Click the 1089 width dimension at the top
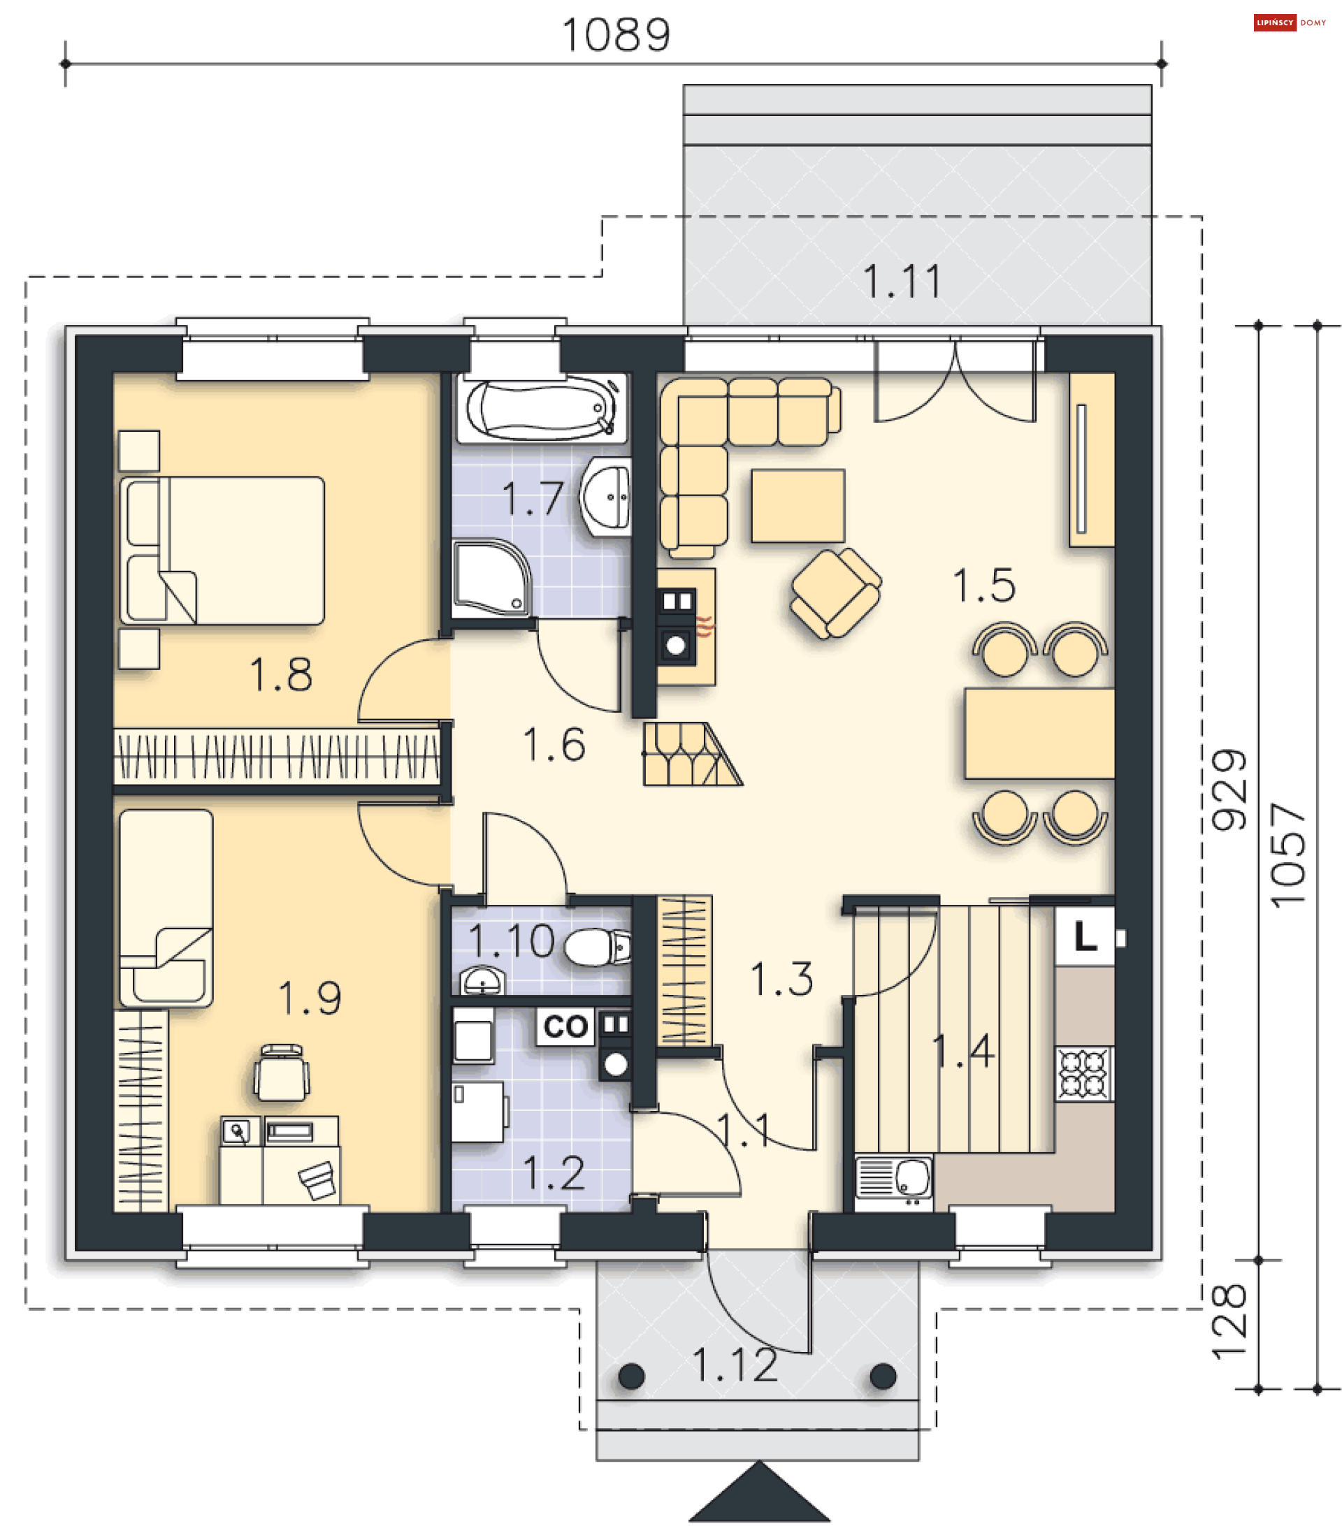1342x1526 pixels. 615,35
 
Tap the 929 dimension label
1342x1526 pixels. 1229,790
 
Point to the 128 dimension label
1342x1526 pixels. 1229,1321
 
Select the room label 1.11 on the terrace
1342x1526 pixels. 902,282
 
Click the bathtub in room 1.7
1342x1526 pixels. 543,409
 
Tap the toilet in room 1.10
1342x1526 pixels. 597,947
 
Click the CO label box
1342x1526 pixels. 565,1026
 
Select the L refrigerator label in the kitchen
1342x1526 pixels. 1084,936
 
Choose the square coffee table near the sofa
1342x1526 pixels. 798,505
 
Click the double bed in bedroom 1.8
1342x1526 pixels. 222,550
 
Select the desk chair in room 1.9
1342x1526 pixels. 282,1073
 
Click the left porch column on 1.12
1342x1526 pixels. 632,1376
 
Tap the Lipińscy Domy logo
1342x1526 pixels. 1290,22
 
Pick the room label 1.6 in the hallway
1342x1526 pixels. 554,744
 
